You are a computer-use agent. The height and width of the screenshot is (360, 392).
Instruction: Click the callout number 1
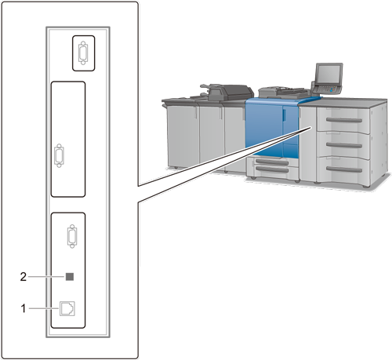pos(24,308)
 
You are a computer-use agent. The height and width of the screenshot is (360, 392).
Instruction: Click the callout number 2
pos(24,277)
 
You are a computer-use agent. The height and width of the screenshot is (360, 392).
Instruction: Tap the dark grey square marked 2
pos(70,277)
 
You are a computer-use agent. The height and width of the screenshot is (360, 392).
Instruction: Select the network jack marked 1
pos(67,308)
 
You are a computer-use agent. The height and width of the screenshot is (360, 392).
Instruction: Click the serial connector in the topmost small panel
pos(83,53)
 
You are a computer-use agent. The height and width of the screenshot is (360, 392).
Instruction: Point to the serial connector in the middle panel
pos(59,155)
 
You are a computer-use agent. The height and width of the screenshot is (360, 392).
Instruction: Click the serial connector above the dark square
pos(72,236)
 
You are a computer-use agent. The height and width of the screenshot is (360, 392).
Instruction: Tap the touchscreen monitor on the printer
pos(328,74)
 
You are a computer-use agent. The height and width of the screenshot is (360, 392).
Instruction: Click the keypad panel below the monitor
pos(327,89)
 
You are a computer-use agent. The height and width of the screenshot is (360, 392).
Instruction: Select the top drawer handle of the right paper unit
pos(344,120)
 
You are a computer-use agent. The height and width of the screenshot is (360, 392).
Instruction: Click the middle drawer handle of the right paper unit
pos(344,145)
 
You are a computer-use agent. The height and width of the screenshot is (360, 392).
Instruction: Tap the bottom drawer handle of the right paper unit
pos(344,169)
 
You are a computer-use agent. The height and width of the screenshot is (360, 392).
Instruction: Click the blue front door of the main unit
pos(264,128)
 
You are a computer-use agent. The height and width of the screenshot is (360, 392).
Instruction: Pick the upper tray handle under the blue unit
pos(272,162)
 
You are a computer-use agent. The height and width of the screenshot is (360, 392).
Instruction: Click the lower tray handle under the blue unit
pos(272,170)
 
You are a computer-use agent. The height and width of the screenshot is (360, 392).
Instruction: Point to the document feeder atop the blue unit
pos(285,92)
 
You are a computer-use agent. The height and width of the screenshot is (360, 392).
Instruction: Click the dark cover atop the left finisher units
pos(227,93)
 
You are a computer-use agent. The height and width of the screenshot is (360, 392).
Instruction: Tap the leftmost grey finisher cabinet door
pos(183,136)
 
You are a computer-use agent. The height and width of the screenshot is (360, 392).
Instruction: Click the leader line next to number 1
pos(44,308)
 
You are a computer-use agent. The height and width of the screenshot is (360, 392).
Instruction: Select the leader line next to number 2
pos(46,277)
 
